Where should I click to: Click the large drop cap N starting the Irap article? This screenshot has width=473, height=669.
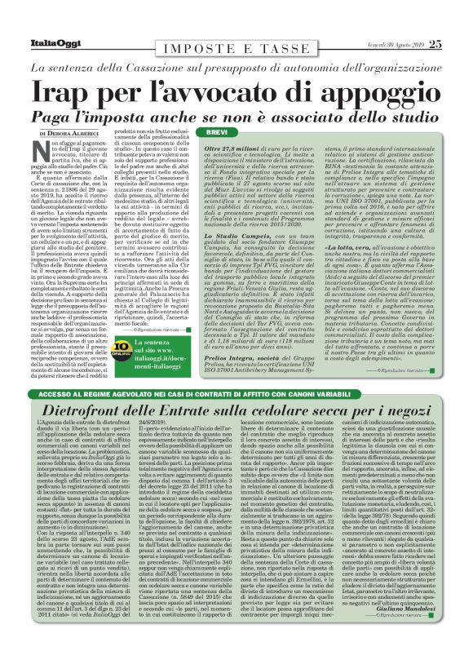click(x=37, y=148)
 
